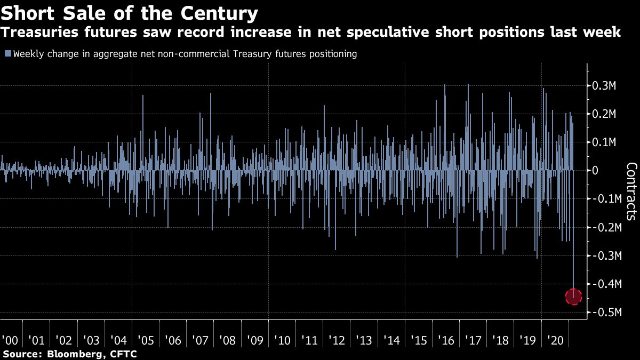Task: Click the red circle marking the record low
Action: click(x=573, y=296)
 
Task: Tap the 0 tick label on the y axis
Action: click(x=596, y=171)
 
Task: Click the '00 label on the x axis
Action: click(x=9, y=340)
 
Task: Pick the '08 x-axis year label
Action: click(x=228, y=340)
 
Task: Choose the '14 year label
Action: click(x=391, y=340)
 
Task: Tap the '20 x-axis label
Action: click(x=555, y=340)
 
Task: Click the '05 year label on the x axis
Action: click(x=146, y=340)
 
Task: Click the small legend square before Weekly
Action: click(x=8, y=54)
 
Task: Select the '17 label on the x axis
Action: click(x=474, y=340)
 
